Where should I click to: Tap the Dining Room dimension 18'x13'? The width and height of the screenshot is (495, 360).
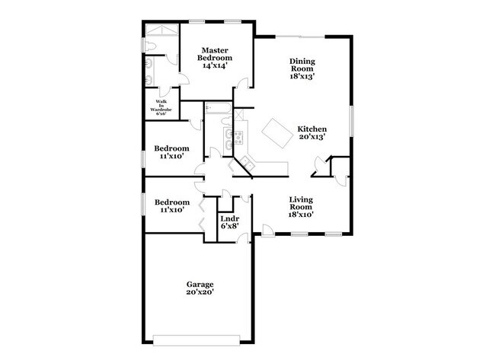point(302,76)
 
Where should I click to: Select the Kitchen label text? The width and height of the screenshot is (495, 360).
point(311,129)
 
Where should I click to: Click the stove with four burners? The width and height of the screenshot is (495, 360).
point(238,139)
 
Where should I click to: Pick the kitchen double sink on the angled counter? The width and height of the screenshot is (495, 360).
point(227,139)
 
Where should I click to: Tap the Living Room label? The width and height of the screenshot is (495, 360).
point(302,203)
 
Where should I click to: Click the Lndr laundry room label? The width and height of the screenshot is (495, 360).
point(229,218)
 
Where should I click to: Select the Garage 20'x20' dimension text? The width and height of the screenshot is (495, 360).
point(200,292)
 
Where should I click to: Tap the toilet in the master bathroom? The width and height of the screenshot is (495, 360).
point(151,48)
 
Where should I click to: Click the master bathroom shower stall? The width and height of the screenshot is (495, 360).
point(162,33)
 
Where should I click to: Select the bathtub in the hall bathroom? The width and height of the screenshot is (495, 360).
point(218,110)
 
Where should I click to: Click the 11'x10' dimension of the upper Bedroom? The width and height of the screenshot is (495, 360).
point(171,156)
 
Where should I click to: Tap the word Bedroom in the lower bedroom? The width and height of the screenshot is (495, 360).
point(171,202)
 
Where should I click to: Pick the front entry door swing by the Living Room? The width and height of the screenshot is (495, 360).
point(267,230)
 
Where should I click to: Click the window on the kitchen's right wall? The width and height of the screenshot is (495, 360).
point(352,122)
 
